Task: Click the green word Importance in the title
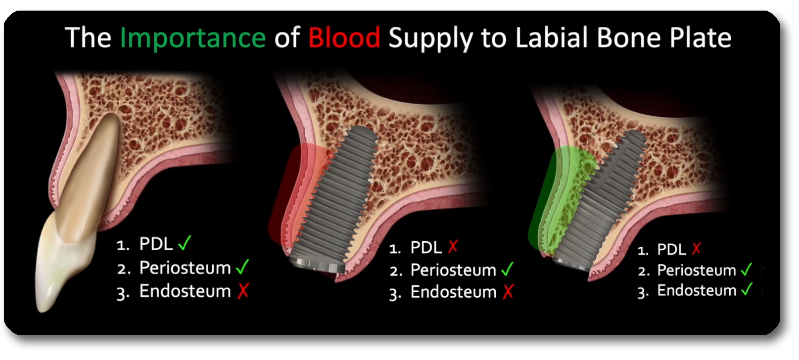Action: pyautogui.click(x=193, y=38)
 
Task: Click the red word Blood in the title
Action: pyautogui.click(x=344, y=38)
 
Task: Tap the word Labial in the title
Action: pyautogui.click(x=552, y=38)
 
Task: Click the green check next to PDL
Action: pyautogui.click(x=184, y=243)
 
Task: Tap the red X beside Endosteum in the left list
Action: pyautogui.click(x=243, y=291)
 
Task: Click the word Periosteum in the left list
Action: pyautogui.click(x=185, y=267)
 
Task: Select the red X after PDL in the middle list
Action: pyautogui.click(x=453, y=247)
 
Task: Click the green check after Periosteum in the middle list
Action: pyautogui.click(x=507, y=269)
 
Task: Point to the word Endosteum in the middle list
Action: pyautogui.click(x=453, y=292)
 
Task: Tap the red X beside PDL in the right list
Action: pyautogui.click(x=696, y=248)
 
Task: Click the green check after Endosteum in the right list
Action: pyautogui.click(x=746, y=290)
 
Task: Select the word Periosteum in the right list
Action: pyautogui.click(x=696, y=271)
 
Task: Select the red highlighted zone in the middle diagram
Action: pyautogui.click(x=288, y=202)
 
